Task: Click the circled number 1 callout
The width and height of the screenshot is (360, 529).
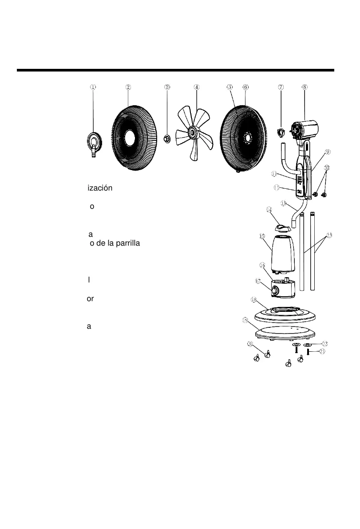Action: tap(93, 87)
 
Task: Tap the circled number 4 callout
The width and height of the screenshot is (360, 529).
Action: tap(197, 87)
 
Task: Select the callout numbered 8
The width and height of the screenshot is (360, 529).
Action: tap(305, 87)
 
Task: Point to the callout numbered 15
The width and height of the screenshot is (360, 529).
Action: tap(262, 236)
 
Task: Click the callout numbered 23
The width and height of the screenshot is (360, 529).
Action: tap(329, 235)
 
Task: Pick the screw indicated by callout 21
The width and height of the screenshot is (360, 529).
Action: tap(308, 352)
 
